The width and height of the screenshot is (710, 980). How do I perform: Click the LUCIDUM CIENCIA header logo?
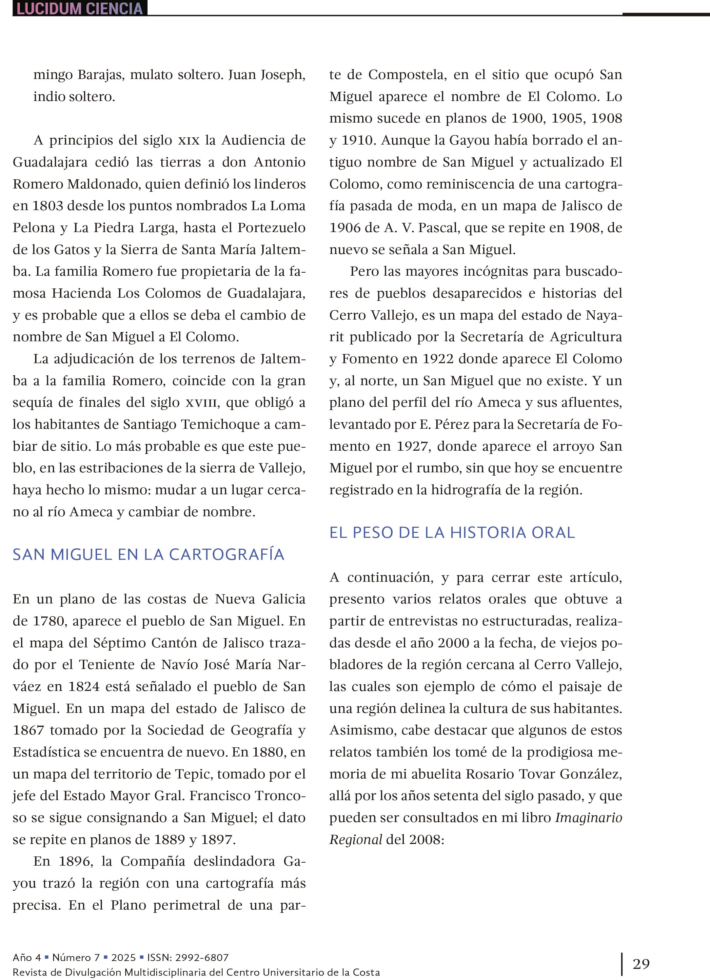pos(80,8)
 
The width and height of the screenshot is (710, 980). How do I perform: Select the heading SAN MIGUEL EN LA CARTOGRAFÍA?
pos(148,554)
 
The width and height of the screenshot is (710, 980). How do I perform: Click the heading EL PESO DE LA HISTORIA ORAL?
pos(452,532)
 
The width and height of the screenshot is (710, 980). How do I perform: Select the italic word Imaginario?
pos(589,817)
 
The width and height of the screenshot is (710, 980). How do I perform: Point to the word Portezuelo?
pos(271,228)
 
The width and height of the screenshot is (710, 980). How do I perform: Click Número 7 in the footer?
pos(76,957)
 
